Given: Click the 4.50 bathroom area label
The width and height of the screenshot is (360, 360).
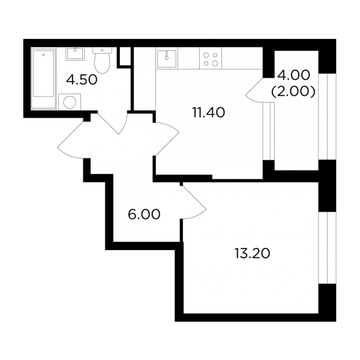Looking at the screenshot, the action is pyautogui.click(x=82, y=80).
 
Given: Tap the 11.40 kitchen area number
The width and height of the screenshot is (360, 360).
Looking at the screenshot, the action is pyautogui.click(x=209, y=113).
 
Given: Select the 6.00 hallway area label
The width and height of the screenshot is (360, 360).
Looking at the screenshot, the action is pyautogui.click(x=144, y=214).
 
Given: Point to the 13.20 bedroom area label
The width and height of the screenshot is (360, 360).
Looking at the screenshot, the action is pyautogui.click(x=253, y=254).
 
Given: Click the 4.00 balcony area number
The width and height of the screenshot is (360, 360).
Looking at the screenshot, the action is pyautogui.click(x=293, y=76).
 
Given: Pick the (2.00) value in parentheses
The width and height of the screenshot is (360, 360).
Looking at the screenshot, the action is pyautogui.click(x=293, y=92).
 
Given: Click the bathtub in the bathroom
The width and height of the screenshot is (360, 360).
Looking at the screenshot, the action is pyautogui.click(x=44, y=78).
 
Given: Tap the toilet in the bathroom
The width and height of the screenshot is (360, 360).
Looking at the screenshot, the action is pyautogui.click(x=102, y=60).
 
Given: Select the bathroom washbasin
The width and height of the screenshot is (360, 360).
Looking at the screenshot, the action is pyautogui.click(x=75, y=54).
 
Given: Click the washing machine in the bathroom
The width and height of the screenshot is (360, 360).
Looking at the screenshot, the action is pyautogui.click(x=70, y=101).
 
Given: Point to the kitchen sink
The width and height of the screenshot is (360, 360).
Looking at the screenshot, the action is pyautogui.click(x=167, y=59).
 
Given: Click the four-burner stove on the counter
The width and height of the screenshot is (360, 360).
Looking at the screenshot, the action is pyautogui.click(x=211, y=59).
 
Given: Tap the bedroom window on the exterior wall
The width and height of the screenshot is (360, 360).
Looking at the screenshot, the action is pyautogui.click(x=327, y=247).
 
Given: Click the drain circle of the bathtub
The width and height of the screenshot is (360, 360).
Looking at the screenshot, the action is pyautogui.click(x=43, y=55).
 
